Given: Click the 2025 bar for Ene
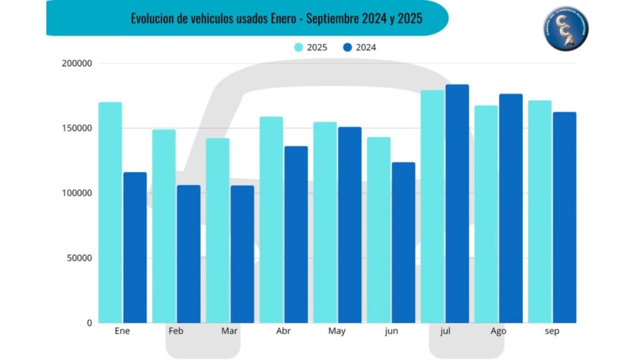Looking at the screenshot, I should pos(110,213).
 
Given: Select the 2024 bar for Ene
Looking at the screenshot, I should pos(135,247).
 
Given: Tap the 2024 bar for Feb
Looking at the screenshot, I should pos(188,254).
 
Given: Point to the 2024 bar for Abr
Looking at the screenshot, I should pos(296,234).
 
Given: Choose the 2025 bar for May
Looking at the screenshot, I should pos(325,222).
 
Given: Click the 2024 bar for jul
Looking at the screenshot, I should pos(457,203).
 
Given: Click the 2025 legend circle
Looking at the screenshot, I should pos(299,47).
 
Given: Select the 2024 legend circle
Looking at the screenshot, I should pos(348,47).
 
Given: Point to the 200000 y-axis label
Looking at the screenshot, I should pos(77,63).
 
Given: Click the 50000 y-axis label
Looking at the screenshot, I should pos(79,258).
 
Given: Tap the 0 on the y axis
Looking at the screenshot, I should pos(90,322).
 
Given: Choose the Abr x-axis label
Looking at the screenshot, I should pos(283,331).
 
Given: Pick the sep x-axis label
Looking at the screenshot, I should pos(551,331).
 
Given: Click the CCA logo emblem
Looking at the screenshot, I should pos(565,30).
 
